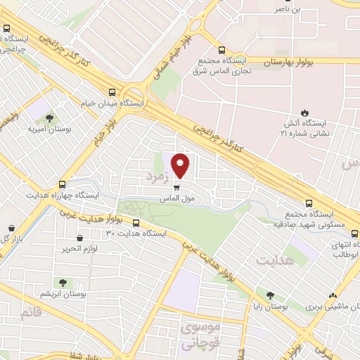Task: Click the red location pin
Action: [x=181, y=165]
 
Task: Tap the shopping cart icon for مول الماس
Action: [x=176, y=188]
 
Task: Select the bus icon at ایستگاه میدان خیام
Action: [x=112, y=91]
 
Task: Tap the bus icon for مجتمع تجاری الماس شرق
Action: [x=222, y=51]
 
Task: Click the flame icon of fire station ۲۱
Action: [x=304, y=112]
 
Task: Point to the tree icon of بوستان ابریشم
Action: [x=63, y=282]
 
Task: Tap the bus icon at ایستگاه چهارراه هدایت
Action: [x=62, y=184]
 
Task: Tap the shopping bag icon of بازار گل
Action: [x=12, y=228]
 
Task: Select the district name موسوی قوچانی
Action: [x=200, y=333]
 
